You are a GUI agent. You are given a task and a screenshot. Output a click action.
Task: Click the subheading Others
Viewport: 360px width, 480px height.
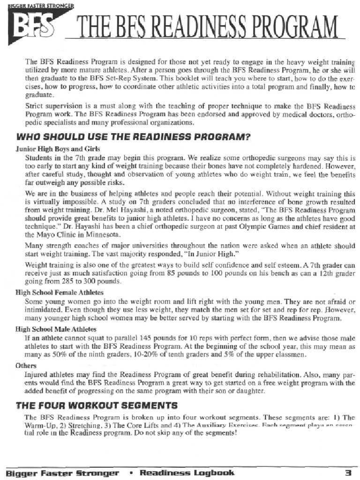[x=25, y=365]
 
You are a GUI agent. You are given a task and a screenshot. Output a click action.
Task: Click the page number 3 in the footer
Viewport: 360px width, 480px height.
[x=348, y=472]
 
